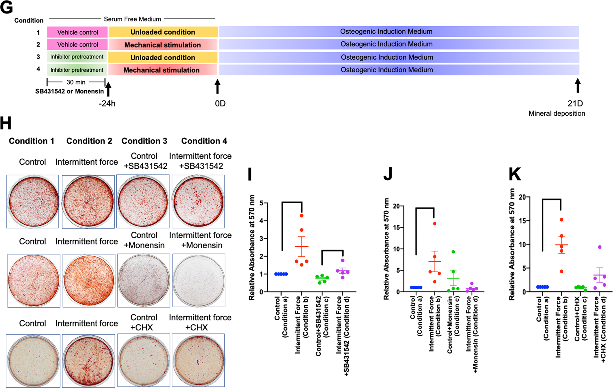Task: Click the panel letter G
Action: [7, 8]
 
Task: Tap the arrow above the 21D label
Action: [577, 86]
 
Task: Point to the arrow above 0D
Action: [218, 86]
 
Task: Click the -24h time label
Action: [107, 104]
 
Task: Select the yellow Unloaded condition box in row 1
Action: [163, 32]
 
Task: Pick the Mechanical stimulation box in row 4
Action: [162, 70]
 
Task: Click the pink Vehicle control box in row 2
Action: [78, 45]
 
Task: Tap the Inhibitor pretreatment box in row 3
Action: [77, 57]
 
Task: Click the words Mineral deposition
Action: [557, 113]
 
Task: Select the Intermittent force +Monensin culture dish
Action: [199, 280]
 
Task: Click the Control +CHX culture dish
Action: [144, 360]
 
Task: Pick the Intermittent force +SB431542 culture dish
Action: [198, 201]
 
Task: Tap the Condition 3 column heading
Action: [144, 141]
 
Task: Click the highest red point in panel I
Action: [302, 216]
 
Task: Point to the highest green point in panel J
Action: [453, 252]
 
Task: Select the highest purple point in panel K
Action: [600, 247]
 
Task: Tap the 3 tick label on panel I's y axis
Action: [261, 239]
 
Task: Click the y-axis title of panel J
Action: [386, 249]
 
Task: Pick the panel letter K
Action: [515, 174]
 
